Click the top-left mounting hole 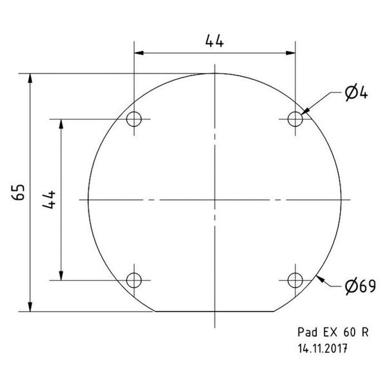[x=134, y=119]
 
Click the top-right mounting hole [x=295, y=119]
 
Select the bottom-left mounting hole [x=134, y=280]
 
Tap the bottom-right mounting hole [x=295, y=280]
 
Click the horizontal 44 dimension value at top [x=215, y=41]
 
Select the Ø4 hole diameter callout [x=356, y=94]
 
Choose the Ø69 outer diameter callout [x=359, y=286]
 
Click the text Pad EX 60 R [x=333, y=333]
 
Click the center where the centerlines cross [x=215, y=199]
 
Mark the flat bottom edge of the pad [x=215, y=311]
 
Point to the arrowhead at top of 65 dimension [x=30, y=79]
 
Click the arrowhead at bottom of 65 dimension [x=30, y=305]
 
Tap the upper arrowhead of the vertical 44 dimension [x=61, y=124]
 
